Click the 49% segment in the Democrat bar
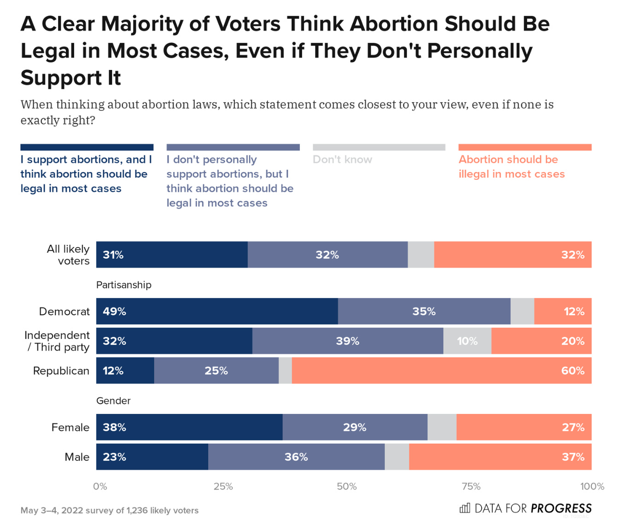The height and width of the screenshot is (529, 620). click(x=216, y=311)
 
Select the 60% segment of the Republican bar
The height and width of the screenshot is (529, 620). click(x=441, y=371)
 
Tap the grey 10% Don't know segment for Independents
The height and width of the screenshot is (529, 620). click(x=467, y=341)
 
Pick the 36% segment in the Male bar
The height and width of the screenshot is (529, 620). click(x=296, y=457)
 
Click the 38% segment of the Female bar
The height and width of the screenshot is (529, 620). click(x=189, y=427)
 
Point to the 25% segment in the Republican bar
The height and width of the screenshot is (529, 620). click(x=216, y=371)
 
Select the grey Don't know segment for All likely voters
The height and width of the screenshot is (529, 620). click(x=421, y=255)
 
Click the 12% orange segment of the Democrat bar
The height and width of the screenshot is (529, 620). click(x=562, y=311)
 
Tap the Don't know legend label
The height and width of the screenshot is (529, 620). click(x=342, y=160)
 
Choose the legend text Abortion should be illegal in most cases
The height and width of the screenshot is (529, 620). click(x=511, y=167)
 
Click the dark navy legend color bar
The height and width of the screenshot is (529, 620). click(x=87, y=147)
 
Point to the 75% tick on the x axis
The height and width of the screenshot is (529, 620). click(x=471, y=486)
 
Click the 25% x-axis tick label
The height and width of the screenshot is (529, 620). click(x=223, y=486)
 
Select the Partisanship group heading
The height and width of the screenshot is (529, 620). click(x=123, y=285)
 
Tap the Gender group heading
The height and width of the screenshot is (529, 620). click(x=113, y=401)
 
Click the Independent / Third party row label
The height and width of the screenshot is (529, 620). click(x=57, y=341)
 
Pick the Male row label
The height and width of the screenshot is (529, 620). click(x=77, y=457)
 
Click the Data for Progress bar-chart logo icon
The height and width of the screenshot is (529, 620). click(x=465, y=508)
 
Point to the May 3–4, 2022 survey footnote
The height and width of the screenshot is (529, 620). click(x=109, y=510)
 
